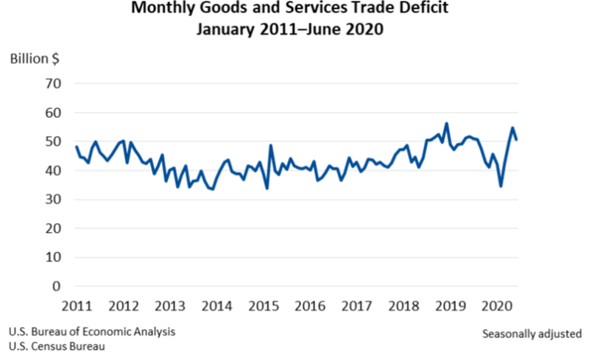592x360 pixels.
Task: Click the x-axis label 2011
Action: tap(77, 306)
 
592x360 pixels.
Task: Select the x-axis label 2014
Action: tap(216, 306)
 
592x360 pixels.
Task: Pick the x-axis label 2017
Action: tap(356, 306)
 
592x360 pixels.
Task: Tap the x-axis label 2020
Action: tap(497, 306)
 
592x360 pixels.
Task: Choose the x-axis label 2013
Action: tap(170, 306)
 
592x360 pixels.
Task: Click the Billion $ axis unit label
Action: tap(35, 59)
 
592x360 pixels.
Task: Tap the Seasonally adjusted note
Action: tap(532, 333)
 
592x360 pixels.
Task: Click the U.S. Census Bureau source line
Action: tap(57, 347)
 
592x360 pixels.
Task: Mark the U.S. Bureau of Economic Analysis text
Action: tap(92, 332)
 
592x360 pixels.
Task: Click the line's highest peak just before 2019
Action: tap(446, 124)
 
